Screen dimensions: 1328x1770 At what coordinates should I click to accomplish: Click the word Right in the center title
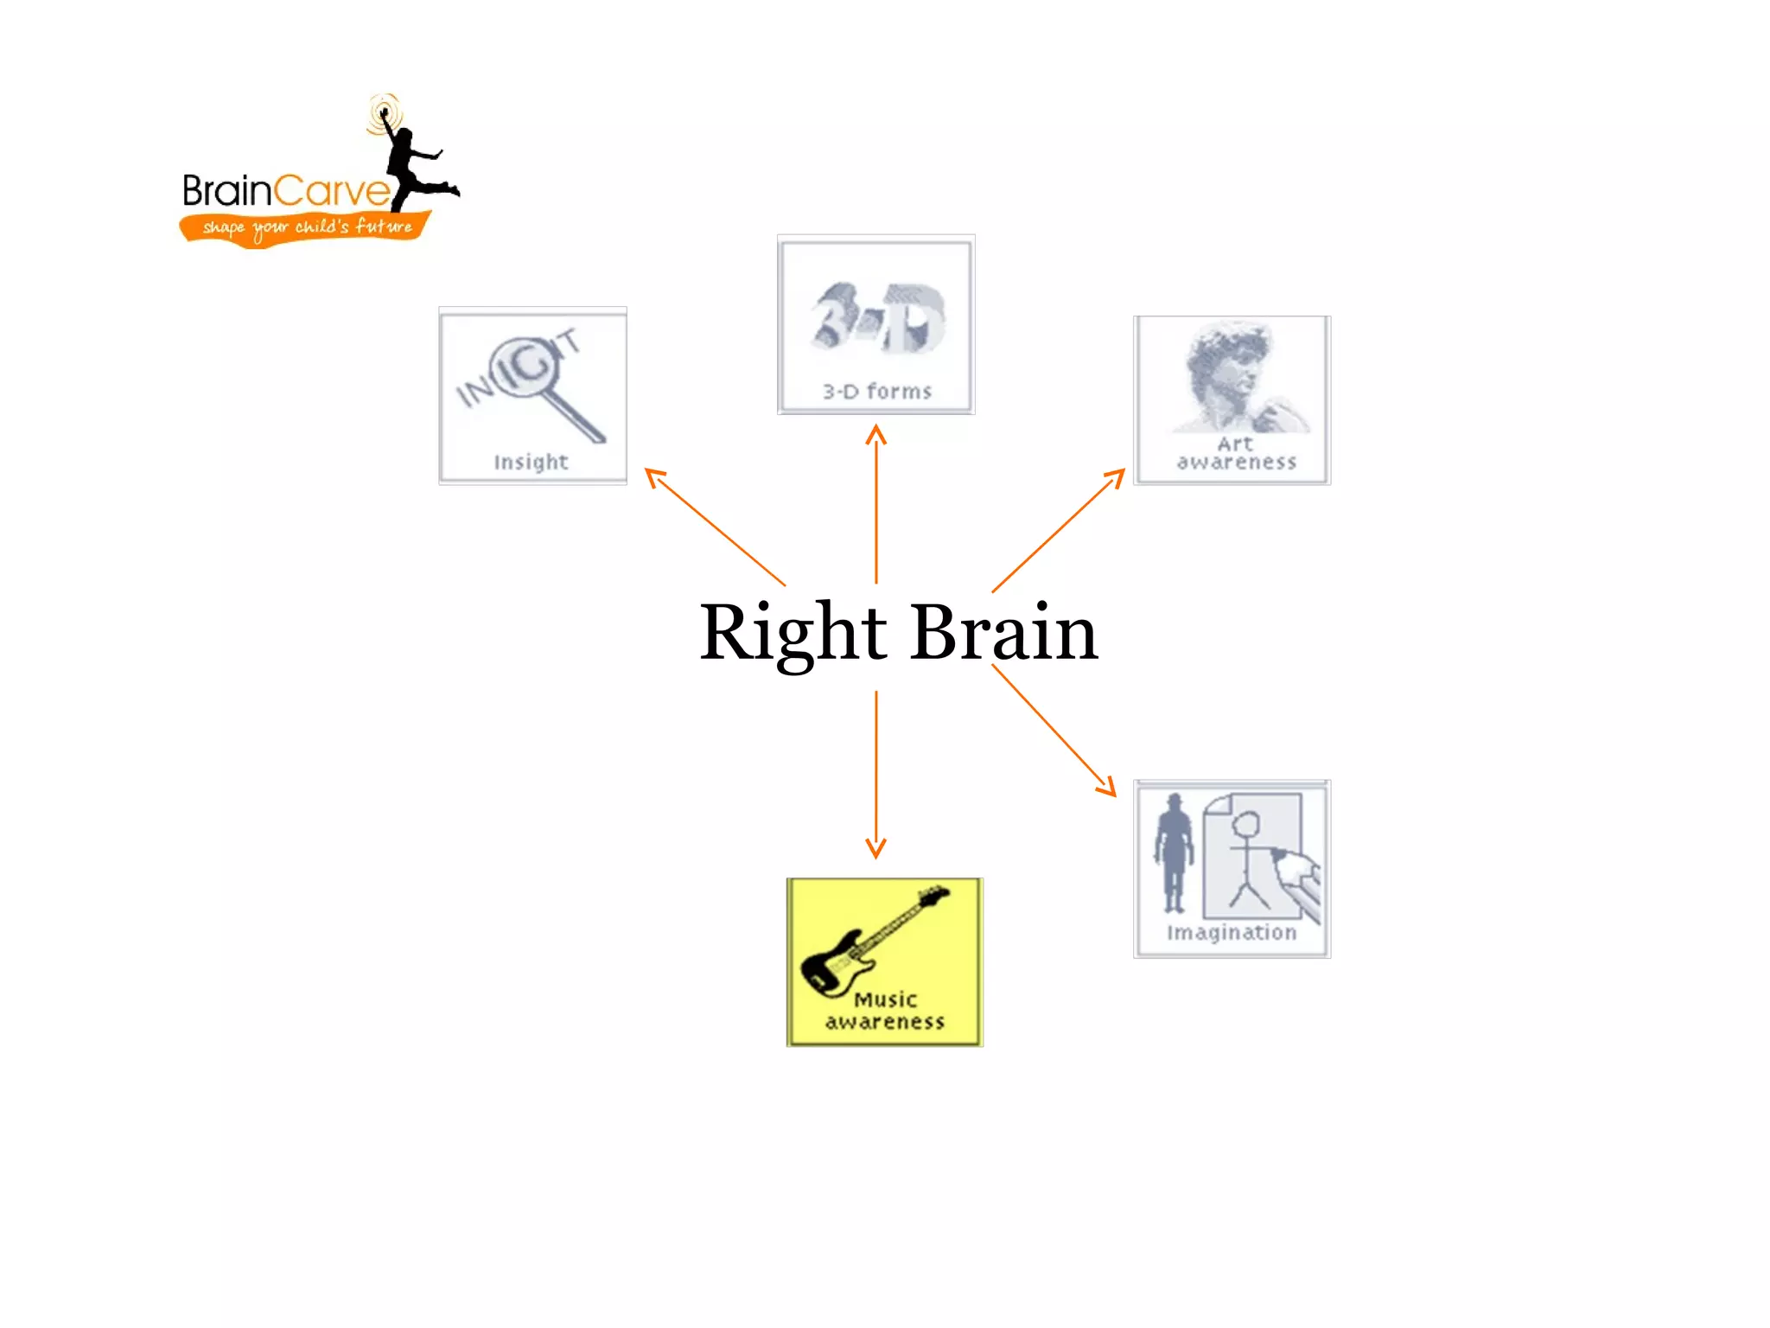pyautogui.click(x=793, y=633)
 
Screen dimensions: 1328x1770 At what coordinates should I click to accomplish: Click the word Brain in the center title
pyautogui.click(x=1003, y=633)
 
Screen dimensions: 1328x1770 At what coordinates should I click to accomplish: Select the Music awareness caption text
pyautogui.click(x=885, y=1011)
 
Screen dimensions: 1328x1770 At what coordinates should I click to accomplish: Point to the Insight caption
pyautogui.click(x=531, y=462)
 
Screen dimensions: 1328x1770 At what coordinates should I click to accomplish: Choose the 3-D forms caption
pyautogui.click(x=876, y=392)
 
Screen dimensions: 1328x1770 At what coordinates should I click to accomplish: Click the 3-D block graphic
pyautogui.click(x=876, y=317)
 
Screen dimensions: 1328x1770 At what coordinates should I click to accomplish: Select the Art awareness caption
pyautogui.click(x=1236, y=454)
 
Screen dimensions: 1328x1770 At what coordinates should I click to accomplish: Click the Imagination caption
pyautogui.click(x=1232, y=932)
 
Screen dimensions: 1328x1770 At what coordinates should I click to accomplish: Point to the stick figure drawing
pyautogui.click(x=1247, y=860)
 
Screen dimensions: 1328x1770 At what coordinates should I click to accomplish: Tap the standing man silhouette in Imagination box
pyautogui.click(x=1174, y=852)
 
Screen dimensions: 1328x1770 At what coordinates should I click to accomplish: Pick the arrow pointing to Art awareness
pyautogui.click(x=1059, y=530)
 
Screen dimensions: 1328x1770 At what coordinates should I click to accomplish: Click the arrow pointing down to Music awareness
pyautogui.click(x=876, y=774)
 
